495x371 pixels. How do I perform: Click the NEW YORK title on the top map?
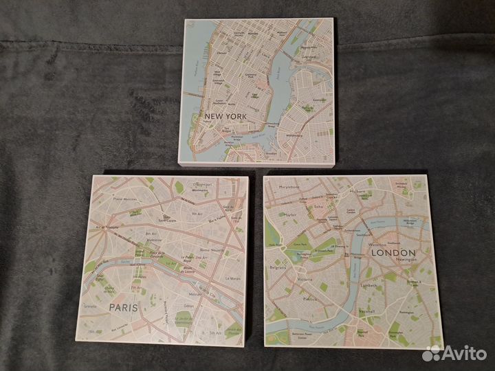(225, 116)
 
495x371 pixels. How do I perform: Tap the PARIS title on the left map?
(123, 307)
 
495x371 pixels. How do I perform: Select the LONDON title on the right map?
(393, 252)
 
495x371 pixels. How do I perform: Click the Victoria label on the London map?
(305, 280)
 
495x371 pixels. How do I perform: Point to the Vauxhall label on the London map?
(365, 311)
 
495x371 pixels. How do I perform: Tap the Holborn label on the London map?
(357, 192)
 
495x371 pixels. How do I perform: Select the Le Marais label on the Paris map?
(231, 278)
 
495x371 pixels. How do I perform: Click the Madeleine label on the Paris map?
(154, 240)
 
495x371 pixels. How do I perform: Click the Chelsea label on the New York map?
(221, 52)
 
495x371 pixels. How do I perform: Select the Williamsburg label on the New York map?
(295, 135)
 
